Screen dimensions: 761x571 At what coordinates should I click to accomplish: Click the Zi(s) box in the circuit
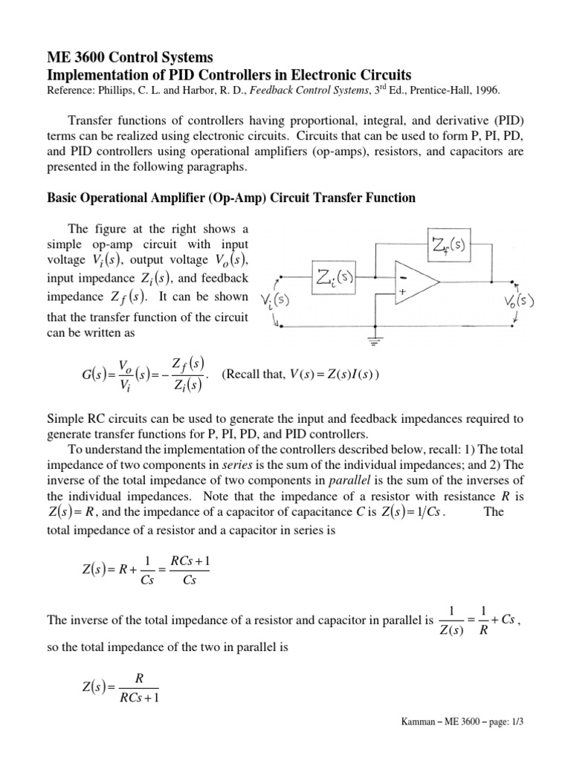click(335, 280)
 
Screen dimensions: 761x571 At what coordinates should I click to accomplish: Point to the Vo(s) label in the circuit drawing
click(518, 305)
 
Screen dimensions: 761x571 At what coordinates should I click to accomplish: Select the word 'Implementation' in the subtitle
click(85, 75)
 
